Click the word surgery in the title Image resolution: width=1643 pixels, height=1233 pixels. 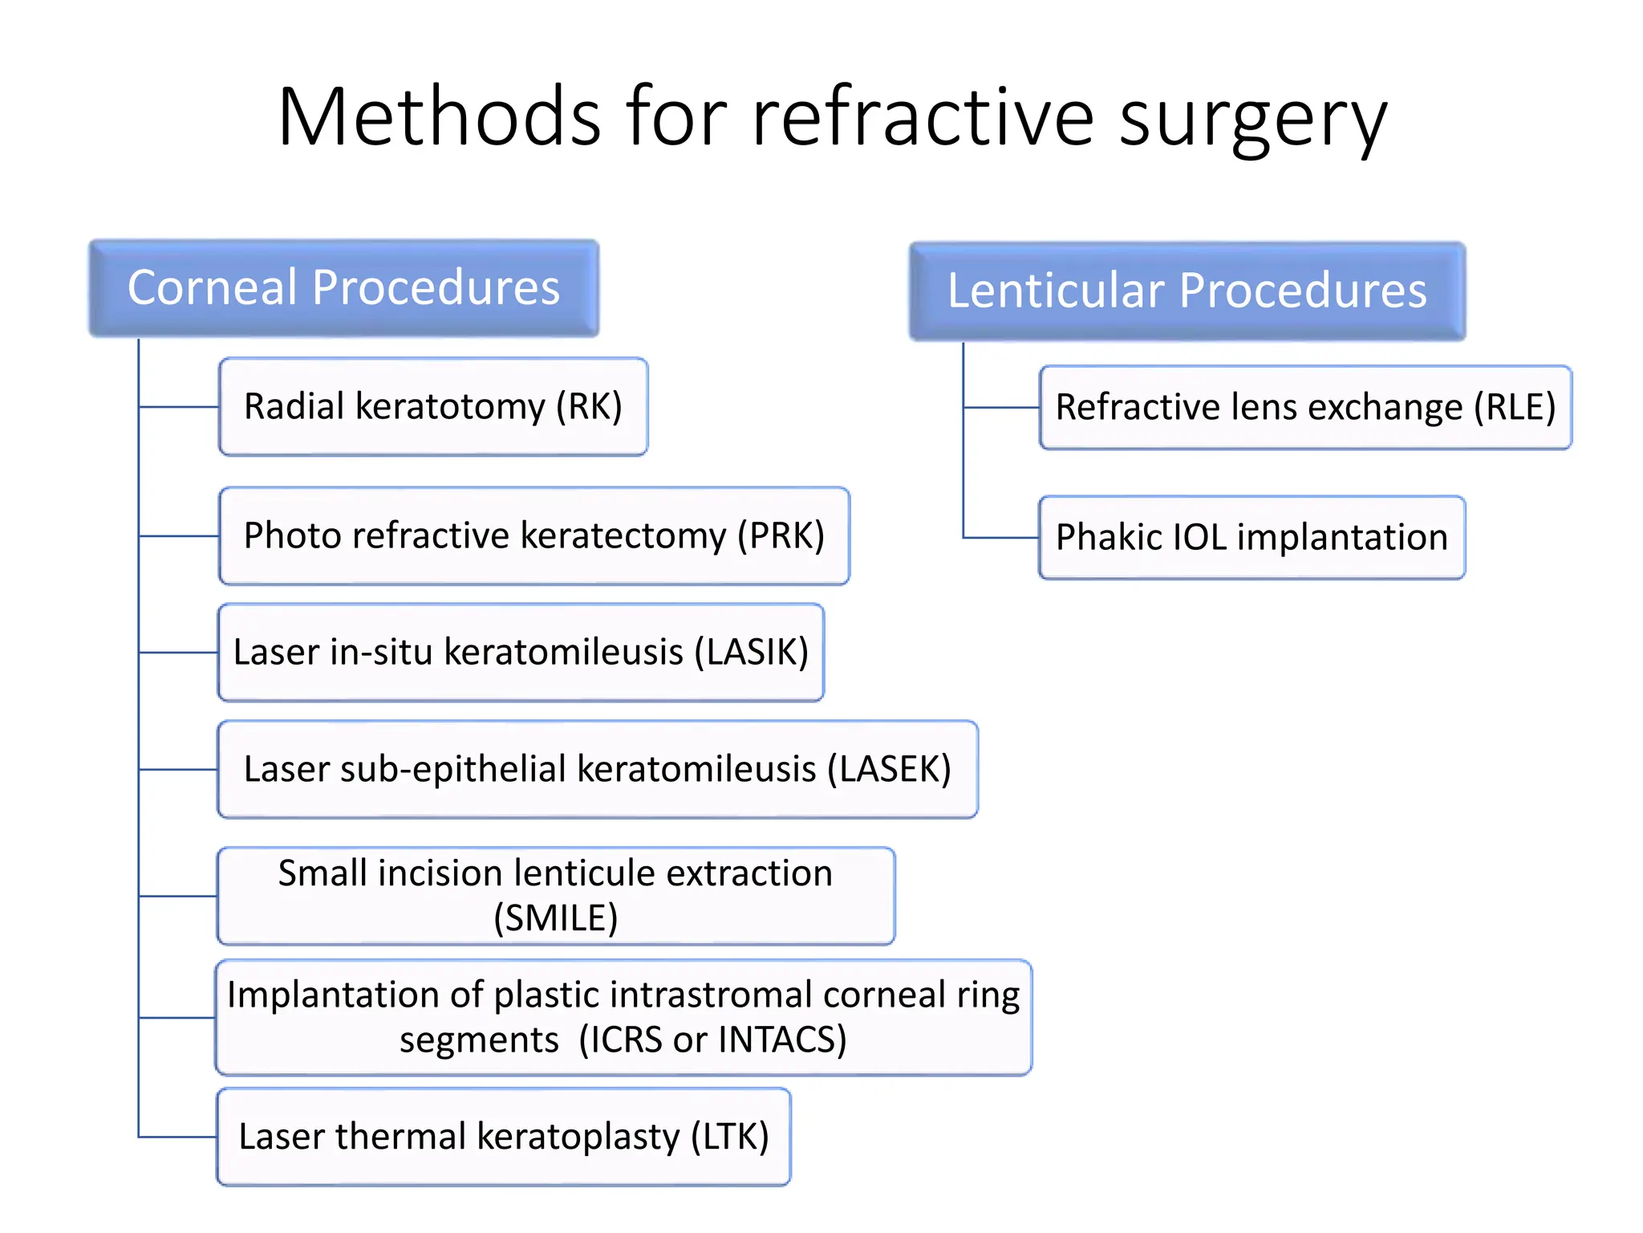click(x=1252, y=120)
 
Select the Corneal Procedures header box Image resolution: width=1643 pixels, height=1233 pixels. click(x=343, y=288)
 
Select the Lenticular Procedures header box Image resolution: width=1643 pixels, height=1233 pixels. click(x=1187, y=291)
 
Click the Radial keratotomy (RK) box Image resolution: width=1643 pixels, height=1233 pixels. click(x=433, y=406)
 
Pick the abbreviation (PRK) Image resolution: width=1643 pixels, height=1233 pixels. click(x=781, y=535)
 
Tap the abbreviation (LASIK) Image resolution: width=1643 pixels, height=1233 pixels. click(x=751, y=652)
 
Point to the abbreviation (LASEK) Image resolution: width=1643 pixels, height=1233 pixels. click(x=889, y=769)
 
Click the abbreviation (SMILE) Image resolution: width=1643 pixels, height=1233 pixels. click(x=555, y=918)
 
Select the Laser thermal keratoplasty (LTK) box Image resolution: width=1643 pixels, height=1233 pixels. click(x=504, y=1137)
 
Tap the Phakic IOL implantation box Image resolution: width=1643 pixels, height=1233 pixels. click(x=1252, y=537)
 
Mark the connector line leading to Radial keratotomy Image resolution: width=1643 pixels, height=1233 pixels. click(x=179, y=407)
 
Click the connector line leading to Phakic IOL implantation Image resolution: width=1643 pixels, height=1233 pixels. click(x=1000, y=537)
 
